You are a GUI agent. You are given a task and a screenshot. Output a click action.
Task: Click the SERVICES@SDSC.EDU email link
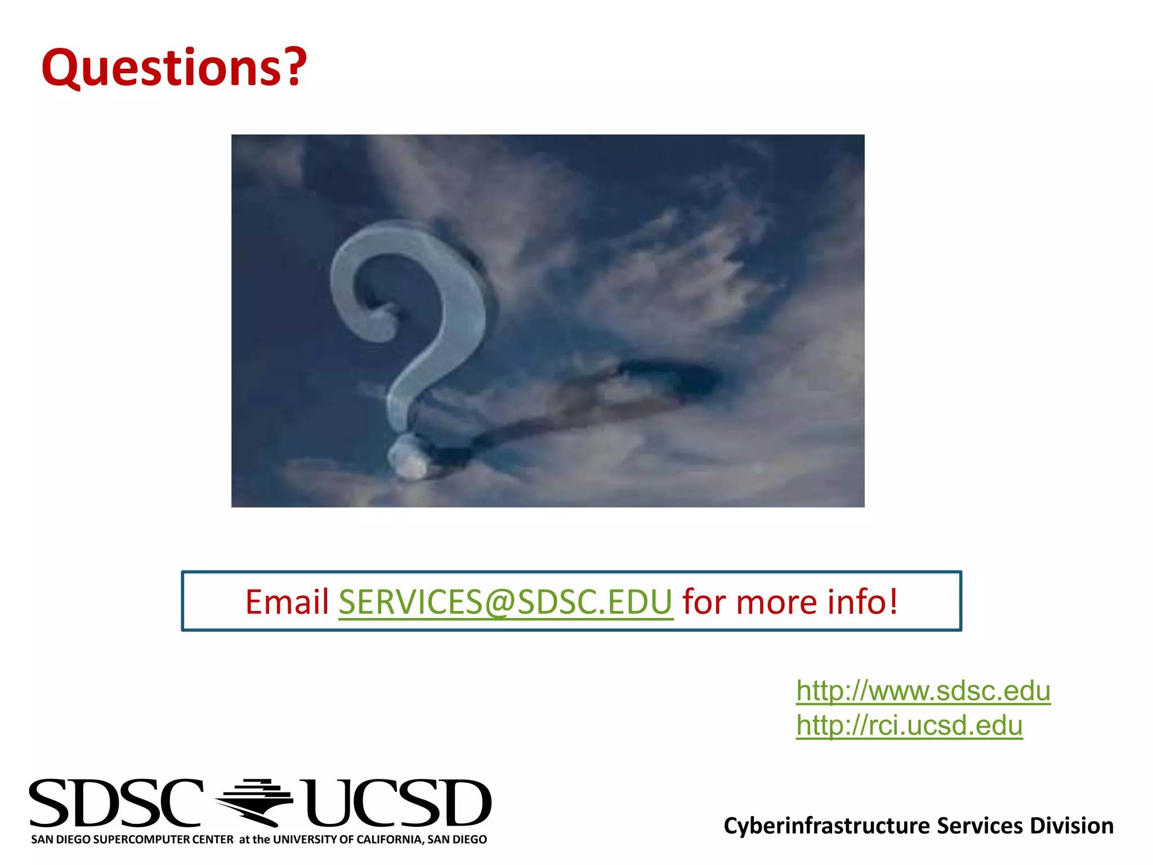click(x=505, y=601)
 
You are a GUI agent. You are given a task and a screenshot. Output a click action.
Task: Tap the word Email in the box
click(x=287, y=601)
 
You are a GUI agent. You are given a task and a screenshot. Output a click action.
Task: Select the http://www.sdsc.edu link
click(x=923, y=690)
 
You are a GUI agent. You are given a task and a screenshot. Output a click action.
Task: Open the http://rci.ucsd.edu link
click(x=909, y=725)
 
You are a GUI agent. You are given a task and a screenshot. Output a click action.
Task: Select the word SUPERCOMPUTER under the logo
click(x=163, y=840)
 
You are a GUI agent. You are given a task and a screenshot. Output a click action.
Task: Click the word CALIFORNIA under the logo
click(x=389, y=840)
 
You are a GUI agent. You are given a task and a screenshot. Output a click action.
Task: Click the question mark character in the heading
click(x=293, y=67)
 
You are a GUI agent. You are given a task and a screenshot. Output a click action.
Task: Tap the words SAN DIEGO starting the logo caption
click(x=61, y=840)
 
